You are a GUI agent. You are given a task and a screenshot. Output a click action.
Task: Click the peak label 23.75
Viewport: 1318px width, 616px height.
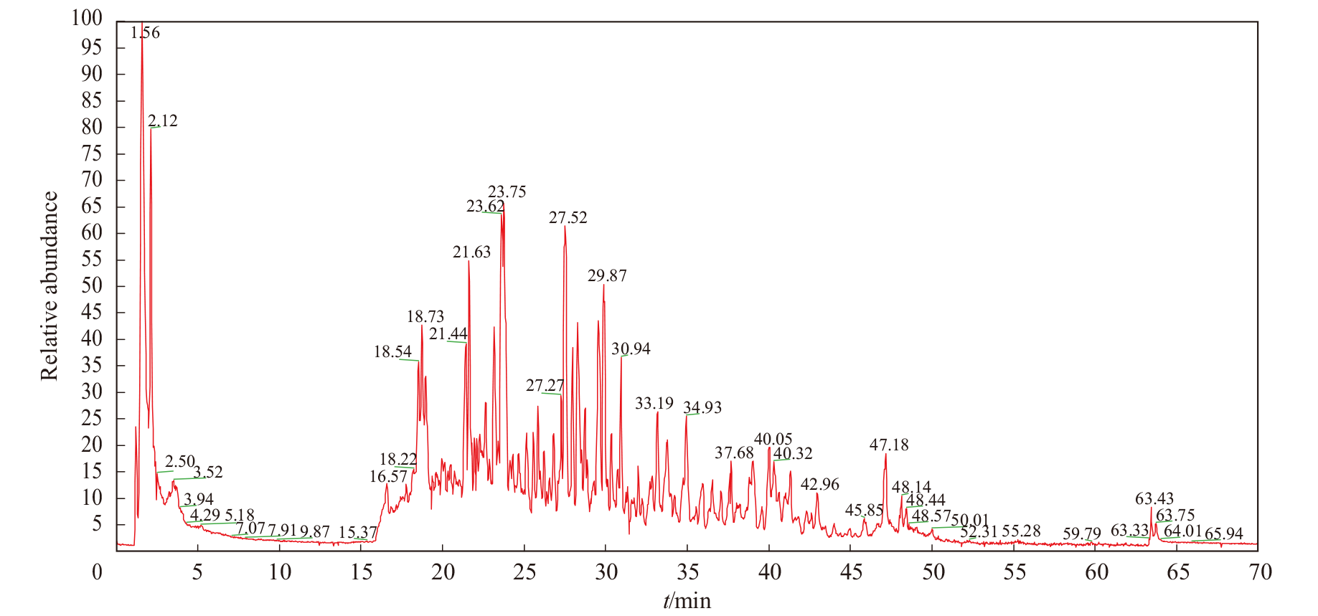pos(507,192)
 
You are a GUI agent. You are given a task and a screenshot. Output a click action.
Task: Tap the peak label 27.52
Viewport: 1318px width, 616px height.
pos(568,218)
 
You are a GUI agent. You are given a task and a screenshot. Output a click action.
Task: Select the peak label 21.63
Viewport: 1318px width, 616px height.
pos(472,252)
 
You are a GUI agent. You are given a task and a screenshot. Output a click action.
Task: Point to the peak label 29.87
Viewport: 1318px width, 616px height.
pos(607,276)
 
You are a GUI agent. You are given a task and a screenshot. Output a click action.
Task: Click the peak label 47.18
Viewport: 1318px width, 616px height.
pos(889,445)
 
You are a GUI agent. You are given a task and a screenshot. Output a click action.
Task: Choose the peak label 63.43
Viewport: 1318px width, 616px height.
pos(1154,499)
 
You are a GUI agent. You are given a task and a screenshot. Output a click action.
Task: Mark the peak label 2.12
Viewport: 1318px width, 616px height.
pos(163,121)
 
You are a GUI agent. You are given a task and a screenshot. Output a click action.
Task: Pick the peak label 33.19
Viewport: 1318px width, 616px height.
pos(654,404)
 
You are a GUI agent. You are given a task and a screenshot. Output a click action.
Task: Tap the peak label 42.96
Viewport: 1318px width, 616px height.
pos(820,485)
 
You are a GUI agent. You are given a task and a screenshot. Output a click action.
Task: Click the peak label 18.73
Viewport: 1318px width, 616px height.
pos(425,317)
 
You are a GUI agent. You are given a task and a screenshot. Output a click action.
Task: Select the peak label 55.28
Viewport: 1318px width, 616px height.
pos(1022,531)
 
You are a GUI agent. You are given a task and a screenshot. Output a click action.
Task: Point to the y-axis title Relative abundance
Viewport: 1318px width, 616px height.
pos(49,286)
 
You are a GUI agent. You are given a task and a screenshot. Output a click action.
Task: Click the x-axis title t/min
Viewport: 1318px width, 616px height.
pos(687,601)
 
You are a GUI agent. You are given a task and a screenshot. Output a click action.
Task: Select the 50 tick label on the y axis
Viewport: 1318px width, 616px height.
pos(92,285)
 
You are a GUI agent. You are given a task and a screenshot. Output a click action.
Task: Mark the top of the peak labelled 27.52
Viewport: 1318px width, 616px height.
pos(565,227)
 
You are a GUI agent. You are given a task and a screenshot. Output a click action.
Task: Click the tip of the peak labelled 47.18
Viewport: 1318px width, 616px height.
pos(886,453)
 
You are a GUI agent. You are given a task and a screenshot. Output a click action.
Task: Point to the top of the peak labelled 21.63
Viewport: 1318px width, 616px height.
pos(469,260)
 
